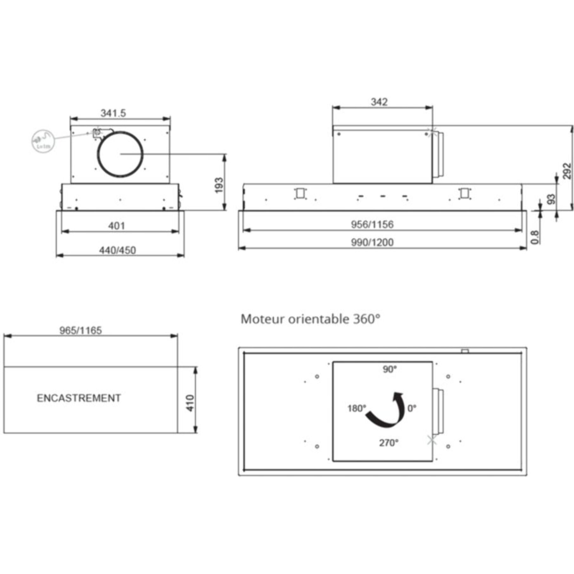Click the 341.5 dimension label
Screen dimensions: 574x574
point(113,113)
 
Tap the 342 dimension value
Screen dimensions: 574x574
point(379,102)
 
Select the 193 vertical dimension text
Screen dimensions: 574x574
point(219,185)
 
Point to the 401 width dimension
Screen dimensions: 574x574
point(117,226)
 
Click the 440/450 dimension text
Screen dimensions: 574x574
point(118,250)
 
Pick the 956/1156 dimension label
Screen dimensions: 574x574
point(372,224)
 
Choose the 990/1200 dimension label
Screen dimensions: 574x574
point(372,242)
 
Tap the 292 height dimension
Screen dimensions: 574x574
point(567,171)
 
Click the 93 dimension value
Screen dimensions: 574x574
point(551,199)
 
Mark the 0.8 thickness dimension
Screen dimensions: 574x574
point(535,237)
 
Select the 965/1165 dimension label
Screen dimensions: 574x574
point(81,331)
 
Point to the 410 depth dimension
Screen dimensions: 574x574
point(190,403)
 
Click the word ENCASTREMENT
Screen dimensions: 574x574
point(79,398)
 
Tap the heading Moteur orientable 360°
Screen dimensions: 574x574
point(311,319)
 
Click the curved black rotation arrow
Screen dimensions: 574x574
point(387,410)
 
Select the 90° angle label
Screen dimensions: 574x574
point(390,369)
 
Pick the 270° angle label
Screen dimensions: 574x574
point(389,443)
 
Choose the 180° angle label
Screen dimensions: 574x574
point(357,409)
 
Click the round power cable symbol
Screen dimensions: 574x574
point(43,141)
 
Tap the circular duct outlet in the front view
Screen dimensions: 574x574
point(120,154)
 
